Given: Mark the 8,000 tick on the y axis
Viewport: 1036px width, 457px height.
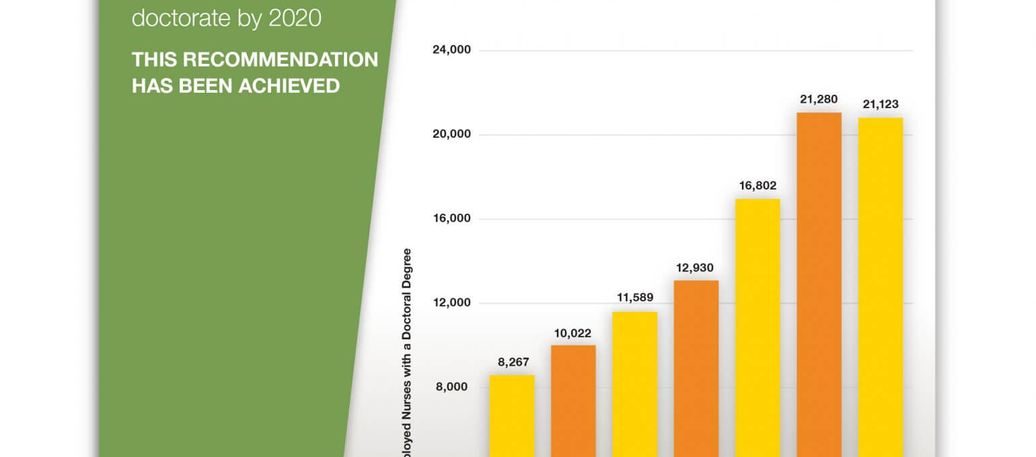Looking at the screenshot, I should pyautogui.click(x=454, y=387).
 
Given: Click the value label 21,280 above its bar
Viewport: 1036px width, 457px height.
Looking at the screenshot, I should pyautogui.click(x=819, y=99).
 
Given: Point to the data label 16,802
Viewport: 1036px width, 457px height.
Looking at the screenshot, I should pyautogui.click(x=757, y=185).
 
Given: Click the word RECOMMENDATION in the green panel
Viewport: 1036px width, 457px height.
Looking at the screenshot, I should pyautogui.click(x=281, y=60).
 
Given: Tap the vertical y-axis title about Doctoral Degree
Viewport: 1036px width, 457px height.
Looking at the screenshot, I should pyautogui.click(x=407, y=349).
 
